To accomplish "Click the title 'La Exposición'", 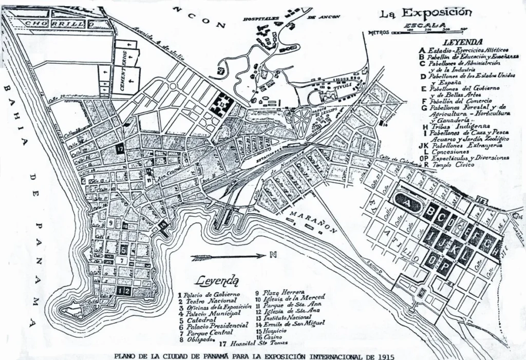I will (425, 12).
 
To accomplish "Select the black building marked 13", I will (221, 105).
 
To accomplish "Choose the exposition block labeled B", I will (429, 211).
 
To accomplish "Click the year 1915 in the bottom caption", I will (385, 355).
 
